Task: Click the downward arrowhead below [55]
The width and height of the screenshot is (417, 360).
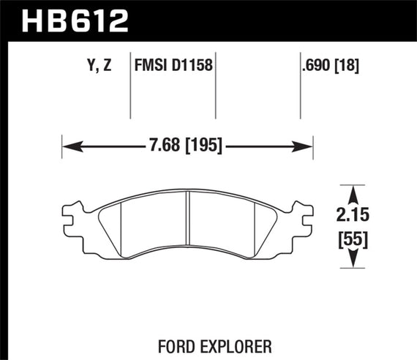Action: click(x=353, y=260)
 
